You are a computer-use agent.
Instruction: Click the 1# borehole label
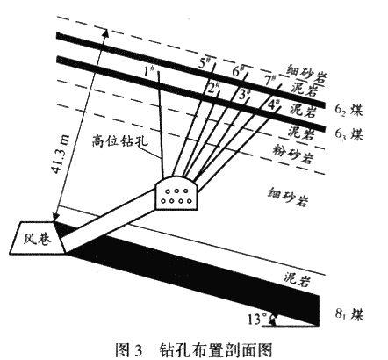pyautogui.click(x=148, y=71)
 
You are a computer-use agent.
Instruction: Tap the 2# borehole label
pyautogui.click(x=213, y=87)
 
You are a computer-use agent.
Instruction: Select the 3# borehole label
pyautogui.click(x=244, y=94)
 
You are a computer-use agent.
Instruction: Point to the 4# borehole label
pyautogui.click(x=274, y=104)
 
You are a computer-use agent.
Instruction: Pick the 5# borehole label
pyautogui.click(x=205, y=62)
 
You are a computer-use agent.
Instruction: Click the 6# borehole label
pyautogui.click(x=238, y=70)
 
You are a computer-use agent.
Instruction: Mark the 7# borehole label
pyautogui.click(x=270, y=80)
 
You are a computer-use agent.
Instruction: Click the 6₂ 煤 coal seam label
pyautogui.click(x=348, y=110)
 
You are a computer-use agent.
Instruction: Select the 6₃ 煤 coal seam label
pyautogui.click(x=348, y=134)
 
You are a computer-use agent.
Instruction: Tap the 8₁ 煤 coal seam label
pyautogui.click(x=349, y=315)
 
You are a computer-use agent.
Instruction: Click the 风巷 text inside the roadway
pyautogui.click(x=38, y=239)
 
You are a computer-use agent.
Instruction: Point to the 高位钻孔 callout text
pyautogui.click(x=120, y=140)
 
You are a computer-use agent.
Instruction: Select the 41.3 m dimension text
pyautogui.click(x=61, y=153)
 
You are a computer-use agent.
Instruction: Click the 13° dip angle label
pyautogui.click(x=258, y=320)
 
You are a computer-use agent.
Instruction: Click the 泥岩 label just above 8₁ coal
pyautogui.click(x=297, y=278)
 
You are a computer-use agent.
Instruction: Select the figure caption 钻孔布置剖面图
pyautogui.click(x=216, y=349)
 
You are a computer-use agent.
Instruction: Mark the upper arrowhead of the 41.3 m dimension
pyautogui.click(x=105, y=32)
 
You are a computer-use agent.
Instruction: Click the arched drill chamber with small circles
pyautogui.click(x=176, y=192)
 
